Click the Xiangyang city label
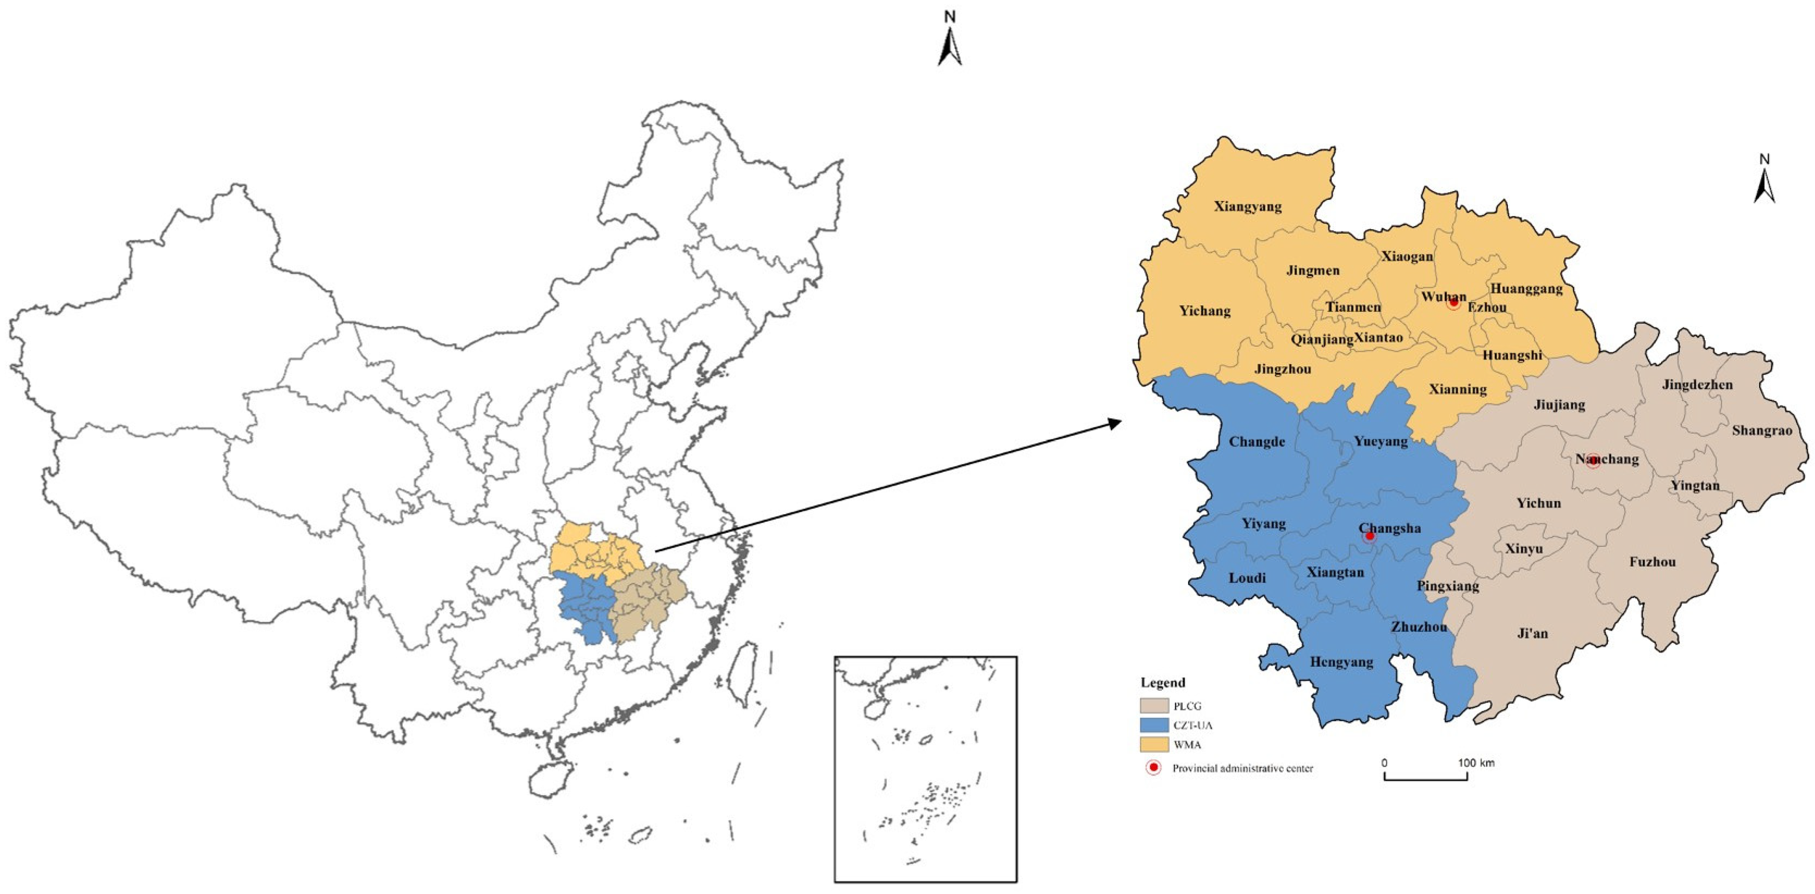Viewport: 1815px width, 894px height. tap(1247, 207)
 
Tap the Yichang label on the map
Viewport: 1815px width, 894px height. tap(1205, 311)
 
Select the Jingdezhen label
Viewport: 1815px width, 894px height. tap(1697, 385)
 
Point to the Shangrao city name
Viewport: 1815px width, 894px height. tap(1761, 430)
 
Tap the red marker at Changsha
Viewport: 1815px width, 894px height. tap(1369, 537)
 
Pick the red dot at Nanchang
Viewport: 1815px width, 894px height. tap(1593, 461)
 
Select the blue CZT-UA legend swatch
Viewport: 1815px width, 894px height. tap(1154, 725)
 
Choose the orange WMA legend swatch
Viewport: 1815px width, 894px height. tap(1154, 744)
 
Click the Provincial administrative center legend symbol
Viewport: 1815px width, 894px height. tap(1154, 767)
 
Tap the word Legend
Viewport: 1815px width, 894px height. tap(1162, 682)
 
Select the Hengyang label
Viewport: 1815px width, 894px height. tap(1341, 662)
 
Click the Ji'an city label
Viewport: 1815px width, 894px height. tap(1533, 633)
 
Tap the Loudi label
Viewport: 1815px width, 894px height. tap(1247, 578)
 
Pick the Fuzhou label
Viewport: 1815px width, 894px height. tap(1652, 562)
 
